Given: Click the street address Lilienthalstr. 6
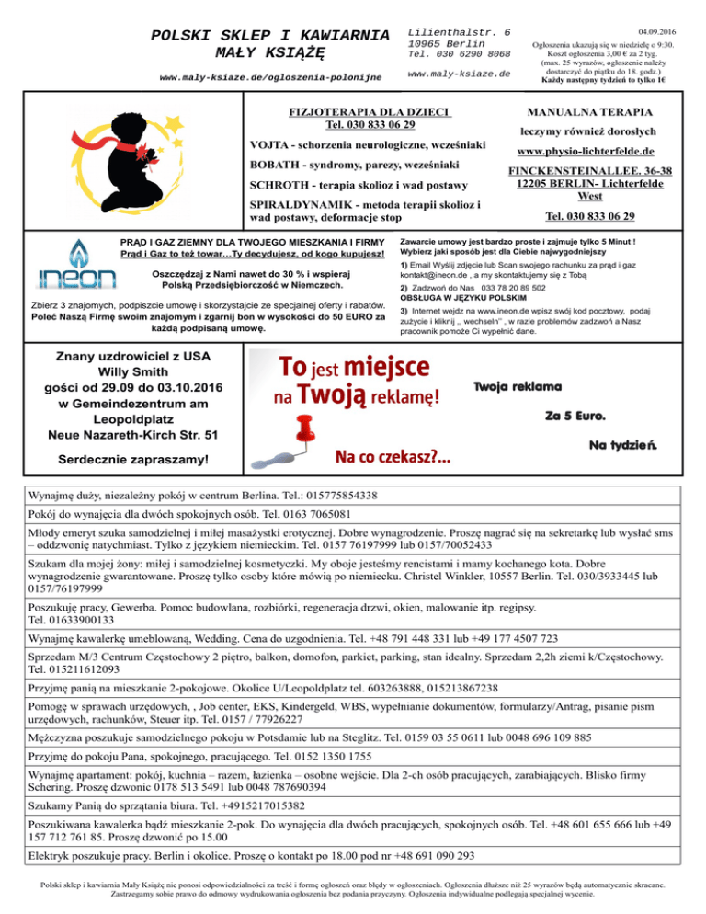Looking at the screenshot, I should [x=459, y=31].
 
